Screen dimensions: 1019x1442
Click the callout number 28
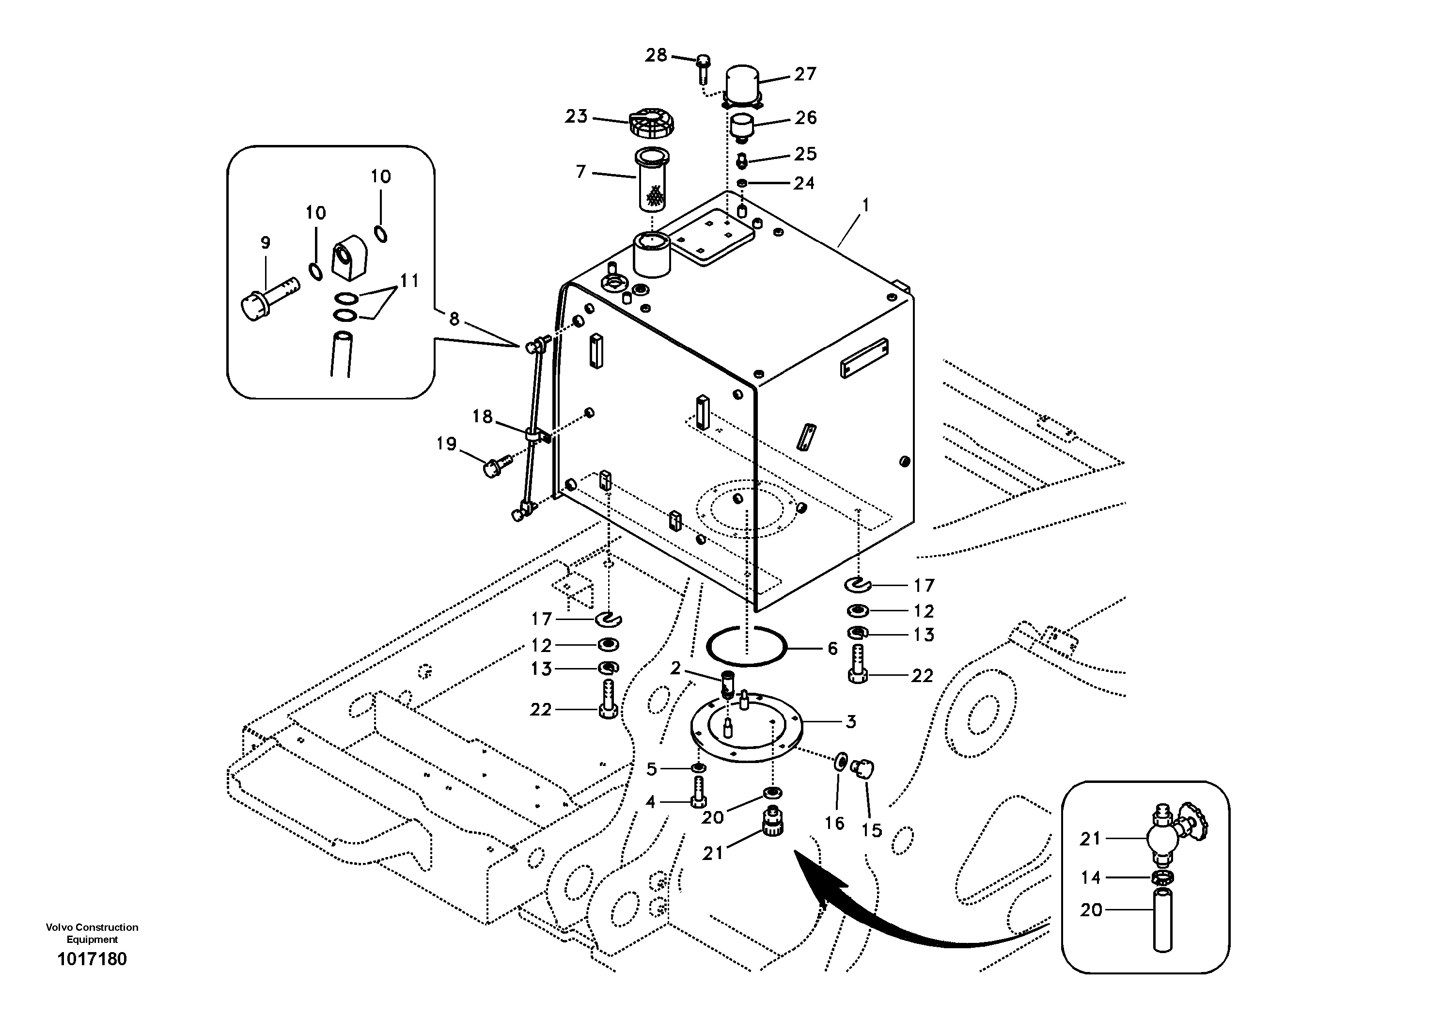(x=656, y=56)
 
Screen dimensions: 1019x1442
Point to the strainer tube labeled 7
(x=652, y=180)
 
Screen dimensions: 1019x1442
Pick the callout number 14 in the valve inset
(x=1090, y=877)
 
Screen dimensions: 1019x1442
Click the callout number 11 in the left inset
(x=409, y=281)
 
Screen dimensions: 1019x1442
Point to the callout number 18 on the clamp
(x=482, y=416)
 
